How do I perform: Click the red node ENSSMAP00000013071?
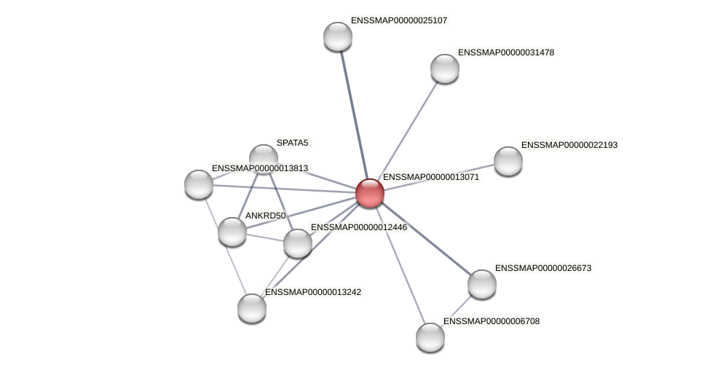pos(370,193)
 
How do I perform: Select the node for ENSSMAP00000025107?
pos(338,36)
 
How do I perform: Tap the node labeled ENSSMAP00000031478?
pos(445,68)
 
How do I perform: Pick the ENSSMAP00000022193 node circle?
pos(508,161)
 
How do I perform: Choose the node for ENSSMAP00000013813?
pos(199,184)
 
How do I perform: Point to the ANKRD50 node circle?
pos(232,232)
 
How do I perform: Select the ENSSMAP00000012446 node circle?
pos(298,243)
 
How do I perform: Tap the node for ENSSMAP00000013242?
pos(252,308)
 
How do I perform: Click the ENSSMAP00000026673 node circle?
pos(482,284)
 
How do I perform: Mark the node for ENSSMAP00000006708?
pos(430,337)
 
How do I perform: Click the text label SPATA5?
pos(292,143)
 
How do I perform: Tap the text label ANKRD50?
pos(265,216)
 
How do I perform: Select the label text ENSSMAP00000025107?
pos(398,20)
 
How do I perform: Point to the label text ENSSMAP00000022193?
pos(569,145)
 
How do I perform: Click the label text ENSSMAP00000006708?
pos(491,321)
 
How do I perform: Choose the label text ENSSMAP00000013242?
pos(312,292)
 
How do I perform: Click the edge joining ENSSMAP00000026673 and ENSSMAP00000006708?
pos(457,310)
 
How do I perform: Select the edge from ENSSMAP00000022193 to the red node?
pos(439,177)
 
